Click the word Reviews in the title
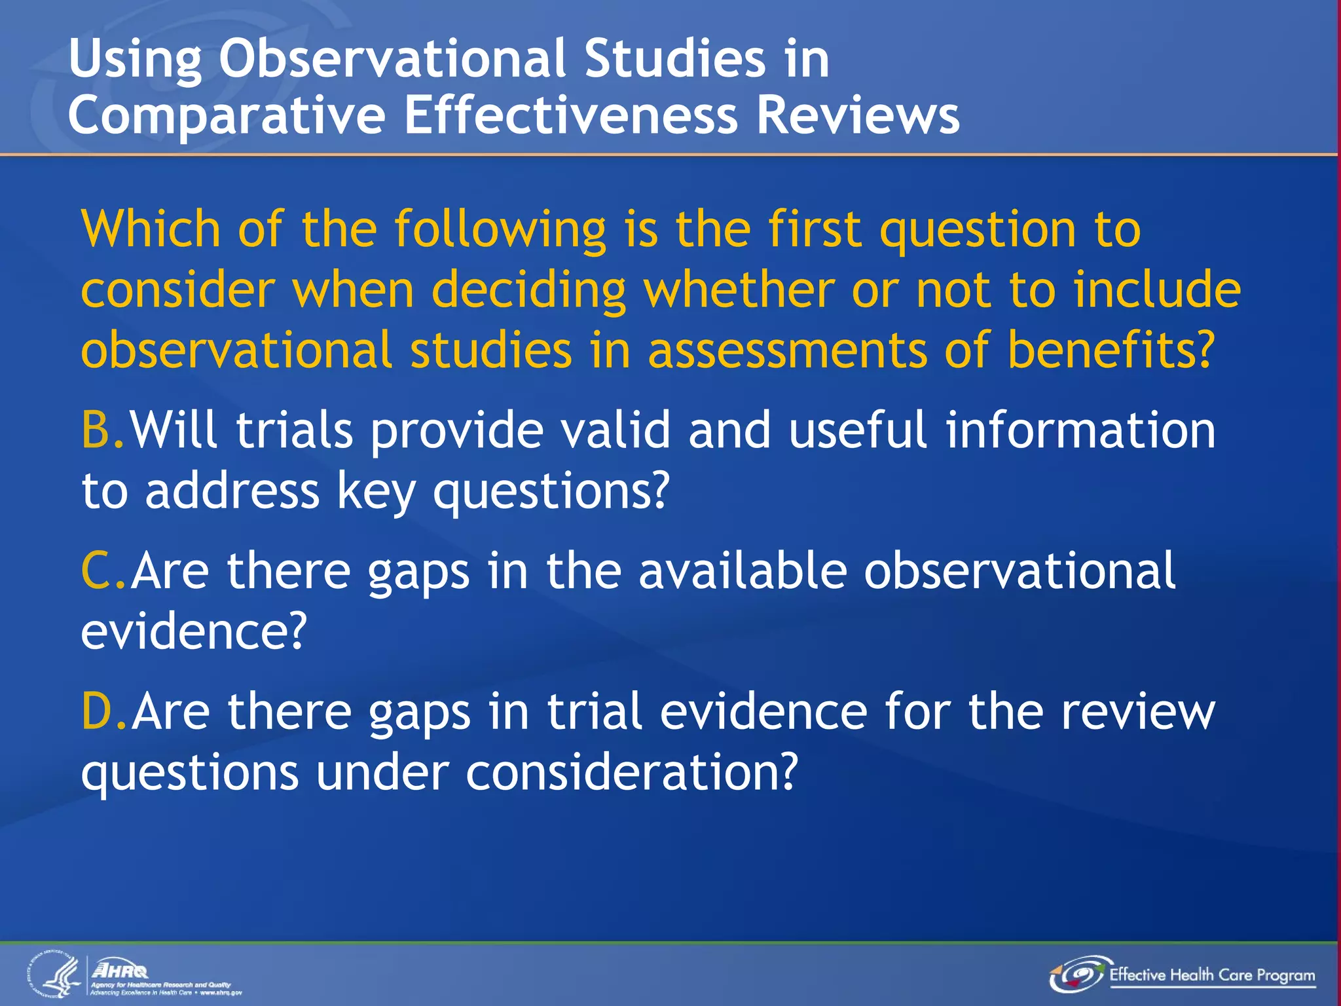click(857, 115)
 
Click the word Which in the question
click(151, 229)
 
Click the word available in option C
click(743, 571)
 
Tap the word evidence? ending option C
click(193, 631)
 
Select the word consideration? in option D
click(632, 773)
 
